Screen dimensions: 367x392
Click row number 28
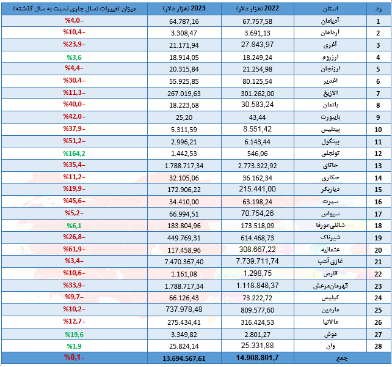point(378,346)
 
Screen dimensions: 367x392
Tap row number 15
point(378,190)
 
